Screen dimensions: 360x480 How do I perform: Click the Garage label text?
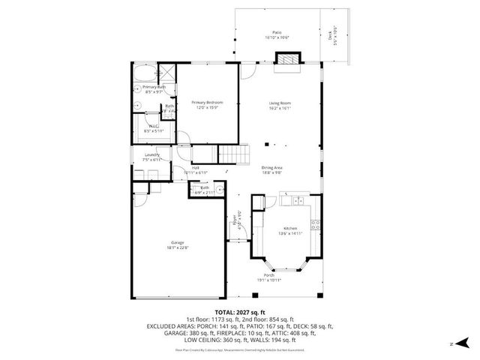click(x=177, y=244)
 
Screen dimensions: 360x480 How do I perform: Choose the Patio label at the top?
click(x=276, y=34)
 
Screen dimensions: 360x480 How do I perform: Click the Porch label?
click(x=269, y=277)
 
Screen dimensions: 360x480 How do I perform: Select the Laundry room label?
click(x=151, y=157)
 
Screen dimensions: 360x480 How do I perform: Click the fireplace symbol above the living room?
click(x=287, y=59)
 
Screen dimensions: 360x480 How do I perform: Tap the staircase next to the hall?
click(x=233, y=154)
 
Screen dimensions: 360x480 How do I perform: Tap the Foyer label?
click(x=234, y=221)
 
